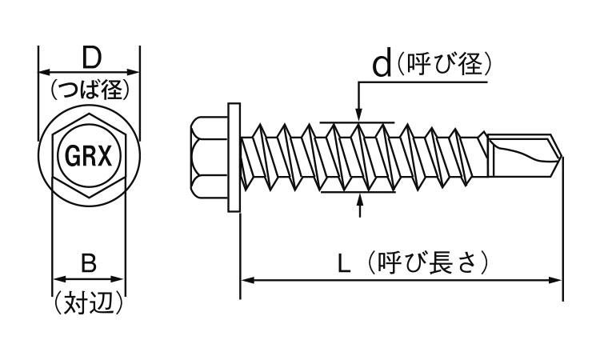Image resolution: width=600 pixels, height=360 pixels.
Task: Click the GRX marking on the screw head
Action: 88,154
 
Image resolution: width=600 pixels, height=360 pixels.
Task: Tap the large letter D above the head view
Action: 90,58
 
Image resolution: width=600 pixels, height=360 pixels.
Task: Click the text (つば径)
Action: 89,90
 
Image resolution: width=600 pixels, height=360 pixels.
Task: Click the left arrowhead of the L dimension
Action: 246,280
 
